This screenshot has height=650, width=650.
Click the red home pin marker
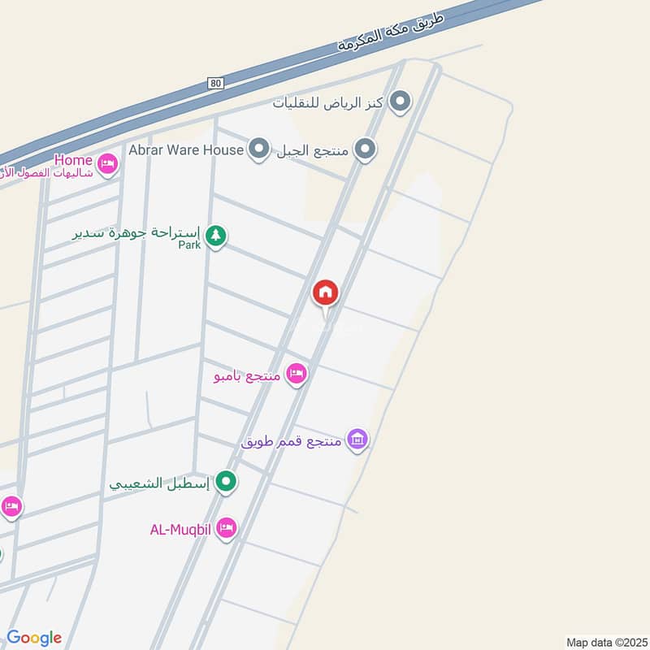coord(326,292)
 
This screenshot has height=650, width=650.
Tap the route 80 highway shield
coord(214,84)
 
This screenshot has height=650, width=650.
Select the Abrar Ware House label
coord(186,149)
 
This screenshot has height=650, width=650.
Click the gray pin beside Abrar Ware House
coord(259,149)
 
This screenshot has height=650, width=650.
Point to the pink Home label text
coord(73,160)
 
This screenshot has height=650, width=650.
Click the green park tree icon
coord(215,236)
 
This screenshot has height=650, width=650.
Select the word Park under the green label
coord(189,244)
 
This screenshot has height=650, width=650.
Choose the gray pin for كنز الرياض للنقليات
coord(400,102)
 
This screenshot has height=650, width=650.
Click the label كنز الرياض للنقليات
coord(331,102)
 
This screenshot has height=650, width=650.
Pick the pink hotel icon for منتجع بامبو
coord(297,374)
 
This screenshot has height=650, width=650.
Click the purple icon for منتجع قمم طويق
coord(357,440)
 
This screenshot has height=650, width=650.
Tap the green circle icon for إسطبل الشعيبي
coord(228,482)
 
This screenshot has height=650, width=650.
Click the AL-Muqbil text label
coord(180,530)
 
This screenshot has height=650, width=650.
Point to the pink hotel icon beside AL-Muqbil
coord(227,529)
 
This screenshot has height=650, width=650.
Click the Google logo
coord(33,638)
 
